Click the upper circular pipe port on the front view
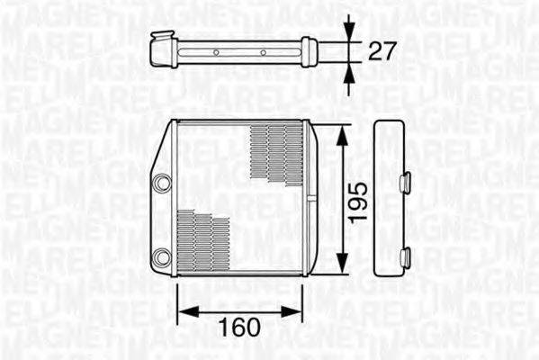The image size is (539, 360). [162, 183]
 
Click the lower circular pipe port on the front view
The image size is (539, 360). [162, 256]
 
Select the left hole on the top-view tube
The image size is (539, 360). [216, 52]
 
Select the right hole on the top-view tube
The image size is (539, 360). [263, 52]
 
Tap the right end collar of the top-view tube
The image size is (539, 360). [309, 52]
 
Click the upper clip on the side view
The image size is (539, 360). [406, 183]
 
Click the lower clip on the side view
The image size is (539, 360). [406, 258]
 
